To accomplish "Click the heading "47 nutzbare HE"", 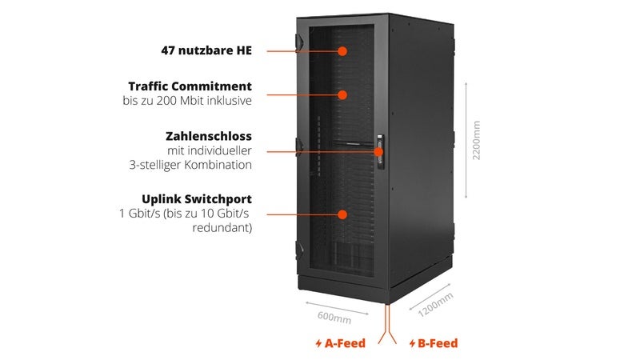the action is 206,50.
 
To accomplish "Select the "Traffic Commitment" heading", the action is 190,86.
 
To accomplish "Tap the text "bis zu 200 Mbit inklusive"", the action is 187,101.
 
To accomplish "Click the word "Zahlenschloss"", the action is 209,136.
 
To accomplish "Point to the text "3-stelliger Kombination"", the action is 190,165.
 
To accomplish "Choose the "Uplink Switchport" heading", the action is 197,199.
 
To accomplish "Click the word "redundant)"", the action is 222,228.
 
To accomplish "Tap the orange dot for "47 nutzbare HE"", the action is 342,51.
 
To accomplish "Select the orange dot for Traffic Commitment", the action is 342,94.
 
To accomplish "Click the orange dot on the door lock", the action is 379,151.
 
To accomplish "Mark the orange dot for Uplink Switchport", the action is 342,214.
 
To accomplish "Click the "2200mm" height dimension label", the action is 476,140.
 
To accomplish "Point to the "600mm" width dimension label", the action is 334,318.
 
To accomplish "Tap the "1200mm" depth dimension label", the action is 435,305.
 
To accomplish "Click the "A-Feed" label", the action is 345,343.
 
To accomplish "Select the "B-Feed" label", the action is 438,343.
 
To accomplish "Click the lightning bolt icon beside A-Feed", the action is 318,343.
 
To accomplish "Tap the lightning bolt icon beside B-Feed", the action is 412,343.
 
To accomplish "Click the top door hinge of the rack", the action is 299,42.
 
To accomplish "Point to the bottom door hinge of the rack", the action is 299,250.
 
